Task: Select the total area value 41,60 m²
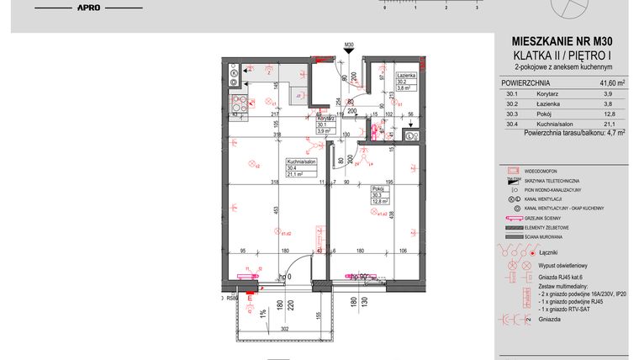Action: (611, 83)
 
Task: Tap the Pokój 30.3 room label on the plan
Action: (378, 190)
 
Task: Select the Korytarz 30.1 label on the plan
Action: (326, 120)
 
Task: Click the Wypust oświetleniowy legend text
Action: (568, 264)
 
